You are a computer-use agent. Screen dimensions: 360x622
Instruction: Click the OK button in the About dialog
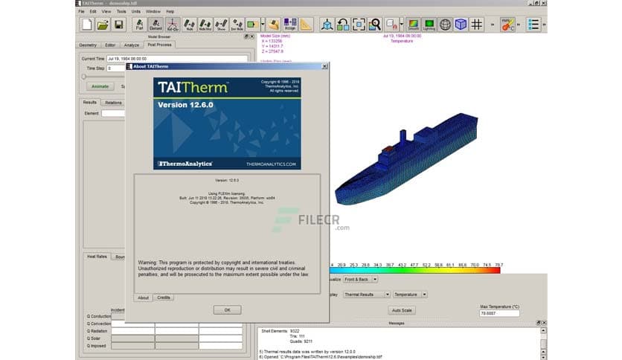point(227,309)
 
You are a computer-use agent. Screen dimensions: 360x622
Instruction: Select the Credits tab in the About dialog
point(164,297)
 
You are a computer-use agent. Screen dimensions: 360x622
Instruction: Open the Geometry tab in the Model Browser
point(88,45)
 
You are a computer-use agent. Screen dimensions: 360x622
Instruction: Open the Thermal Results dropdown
point(366,294)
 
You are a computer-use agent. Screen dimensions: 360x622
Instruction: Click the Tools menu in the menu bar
point(121,12)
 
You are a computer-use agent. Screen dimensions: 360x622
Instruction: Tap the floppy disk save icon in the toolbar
point(118,25)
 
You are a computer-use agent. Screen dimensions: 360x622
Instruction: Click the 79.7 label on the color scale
point(498,264)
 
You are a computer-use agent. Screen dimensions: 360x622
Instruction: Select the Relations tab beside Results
point(113,103)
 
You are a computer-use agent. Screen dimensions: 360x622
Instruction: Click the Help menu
point(170,12)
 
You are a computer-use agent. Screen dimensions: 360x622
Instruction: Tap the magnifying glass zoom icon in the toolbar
point(376,25)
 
